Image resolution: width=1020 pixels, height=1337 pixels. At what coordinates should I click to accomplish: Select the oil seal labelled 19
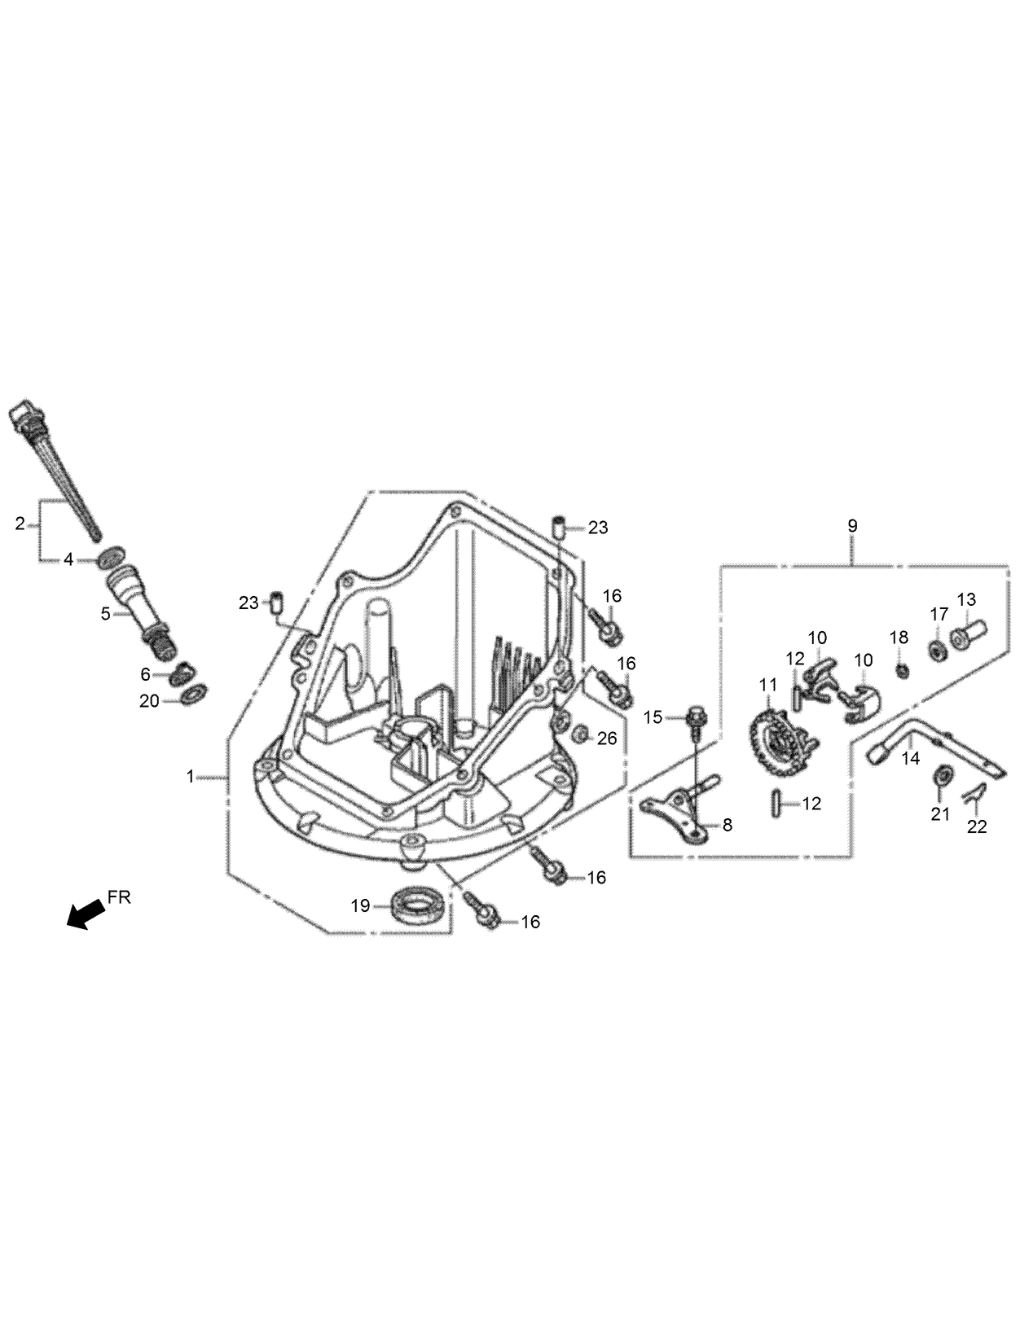(420, 905)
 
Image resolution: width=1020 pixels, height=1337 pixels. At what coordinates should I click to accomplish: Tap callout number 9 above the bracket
(852, 526)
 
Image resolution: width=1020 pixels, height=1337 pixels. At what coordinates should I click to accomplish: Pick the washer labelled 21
(940, 774)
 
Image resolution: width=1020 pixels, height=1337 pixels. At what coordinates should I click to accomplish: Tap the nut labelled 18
(902, 670)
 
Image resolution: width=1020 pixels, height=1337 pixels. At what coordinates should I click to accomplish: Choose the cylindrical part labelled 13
(970, 630)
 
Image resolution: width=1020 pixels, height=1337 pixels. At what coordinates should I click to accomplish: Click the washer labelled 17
(938, 651)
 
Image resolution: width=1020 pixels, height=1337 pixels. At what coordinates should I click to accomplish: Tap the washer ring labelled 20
(194, 694)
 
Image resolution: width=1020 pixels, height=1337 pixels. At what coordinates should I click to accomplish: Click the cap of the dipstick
(27, 415)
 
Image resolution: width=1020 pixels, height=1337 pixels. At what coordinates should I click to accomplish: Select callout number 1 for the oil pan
(191, 777)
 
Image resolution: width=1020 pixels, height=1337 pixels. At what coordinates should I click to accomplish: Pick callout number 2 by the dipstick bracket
(20, 524)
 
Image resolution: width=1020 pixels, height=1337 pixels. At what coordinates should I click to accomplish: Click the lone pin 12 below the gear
(774, 803)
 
